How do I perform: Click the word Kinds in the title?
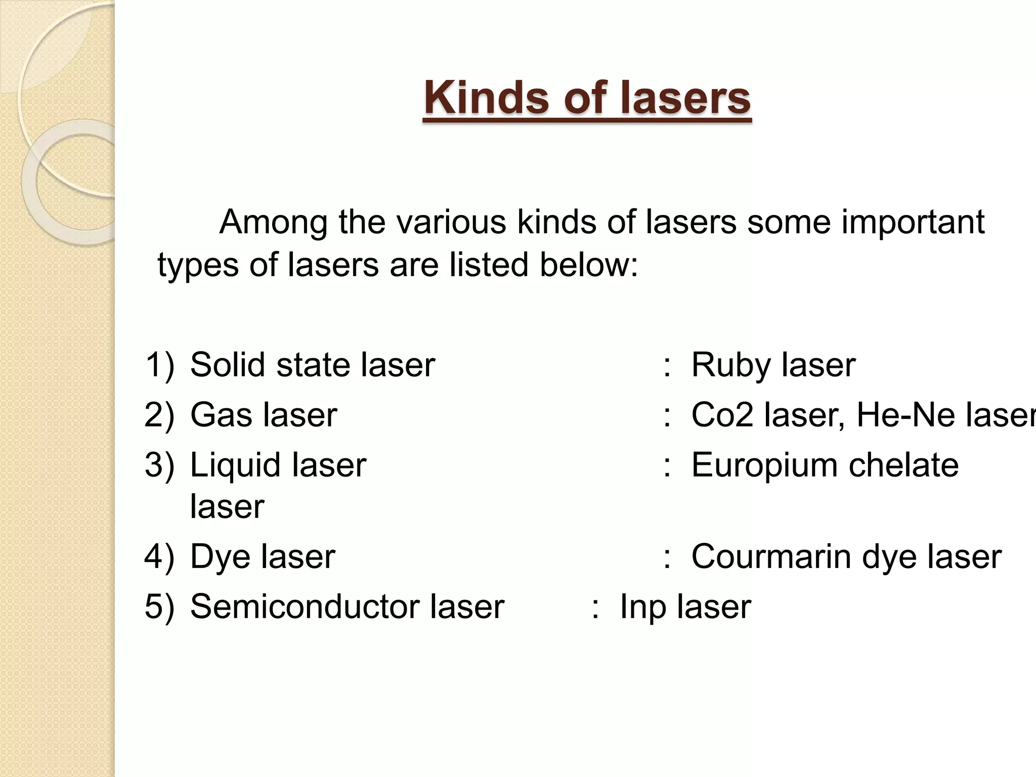tap(487, 98)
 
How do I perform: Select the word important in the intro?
tap(913, 223)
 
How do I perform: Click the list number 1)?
tap(159, 365)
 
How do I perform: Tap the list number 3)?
tap(159, 465)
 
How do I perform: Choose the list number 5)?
tap(159, 606)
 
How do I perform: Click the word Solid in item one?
tap(227, 365)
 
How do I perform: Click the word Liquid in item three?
tap(235, 466)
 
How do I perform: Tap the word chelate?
tap(903, 465)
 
